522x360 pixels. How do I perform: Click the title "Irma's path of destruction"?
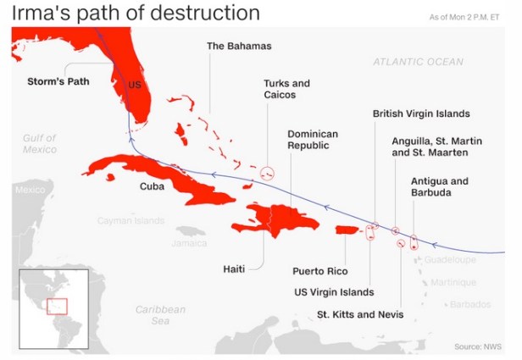coord(136,13)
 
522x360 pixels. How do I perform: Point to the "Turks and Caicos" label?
coord(286,89)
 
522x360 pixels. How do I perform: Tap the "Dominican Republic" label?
coord(313,140)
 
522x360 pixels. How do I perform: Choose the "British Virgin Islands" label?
coord(421,114)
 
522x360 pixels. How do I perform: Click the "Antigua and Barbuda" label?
coord(439,187)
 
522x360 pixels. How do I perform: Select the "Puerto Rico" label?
coord(320,271)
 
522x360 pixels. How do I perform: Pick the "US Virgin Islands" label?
coord(333,292)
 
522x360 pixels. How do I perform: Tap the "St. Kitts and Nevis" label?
coord(360,314)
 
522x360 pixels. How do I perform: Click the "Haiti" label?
coord(234,269)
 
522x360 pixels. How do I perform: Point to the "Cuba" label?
coord(152,186)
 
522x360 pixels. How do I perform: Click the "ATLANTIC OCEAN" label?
coord(419,62)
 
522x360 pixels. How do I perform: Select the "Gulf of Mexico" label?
coord(39,143)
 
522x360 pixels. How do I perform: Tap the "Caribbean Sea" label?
coord(160,315)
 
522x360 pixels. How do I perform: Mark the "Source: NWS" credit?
coord(477,346)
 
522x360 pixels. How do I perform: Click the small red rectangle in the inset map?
coord(57,306)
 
